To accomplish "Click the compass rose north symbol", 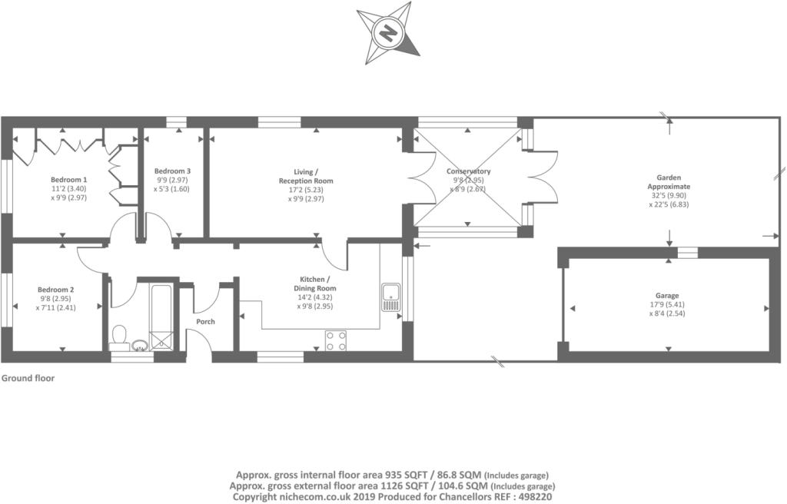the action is [x=388, y=34].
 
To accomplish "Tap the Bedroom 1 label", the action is [x=69, y=180].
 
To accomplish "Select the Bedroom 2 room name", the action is [x=55, y=290].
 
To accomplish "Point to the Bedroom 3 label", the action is [x=172, y=171].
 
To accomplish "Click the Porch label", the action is [x=205, y=322].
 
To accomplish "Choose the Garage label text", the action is [x=666, y=296].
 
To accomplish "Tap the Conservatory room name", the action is [x=468, y=171].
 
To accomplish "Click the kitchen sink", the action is [x=390, y=297].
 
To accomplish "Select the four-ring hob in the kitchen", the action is [x=335, y=340].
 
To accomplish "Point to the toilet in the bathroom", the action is [x=119, y=337].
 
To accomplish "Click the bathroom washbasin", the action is [x=140, y=345].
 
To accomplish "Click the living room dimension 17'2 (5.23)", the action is [x=306, y=190].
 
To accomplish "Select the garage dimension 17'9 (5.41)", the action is [x=667, y=305].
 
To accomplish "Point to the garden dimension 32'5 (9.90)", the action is [x=669, y=196].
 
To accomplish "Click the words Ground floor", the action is [x=28, y=378].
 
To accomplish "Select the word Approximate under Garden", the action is [x=669, y=186].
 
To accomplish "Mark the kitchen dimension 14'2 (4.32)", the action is [x=315, y=297].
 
